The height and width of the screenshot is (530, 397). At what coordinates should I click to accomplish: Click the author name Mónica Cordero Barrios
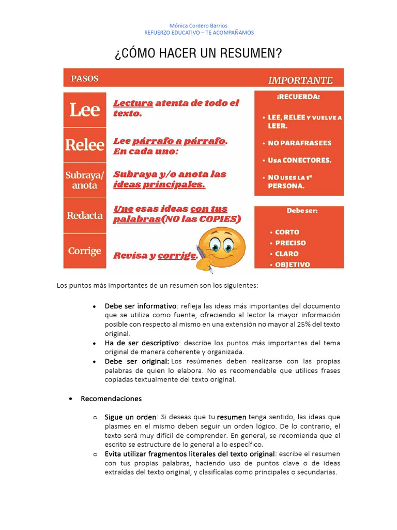pos(198,25)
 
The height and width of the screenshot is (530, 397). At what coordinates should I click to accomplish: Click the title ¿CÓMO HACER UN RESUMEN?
pos(198,54)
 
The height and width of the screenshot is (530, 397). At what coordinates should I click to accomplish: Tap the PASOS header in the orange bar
pos(85,79)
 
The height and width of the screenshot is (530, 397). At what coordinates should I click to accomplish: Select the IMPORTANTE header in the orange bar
pos(300,80)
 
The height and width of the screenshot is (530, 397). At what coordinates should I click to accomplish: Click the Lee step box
pos(85,110)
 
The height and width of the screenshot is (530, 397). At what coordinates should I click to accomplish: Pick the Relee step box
pos(85,145)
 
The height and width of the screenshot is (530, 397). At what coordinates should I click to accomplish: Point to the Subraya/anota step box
pos(85,180)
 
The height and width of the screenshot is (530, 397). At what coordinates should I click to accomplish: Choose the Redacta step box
pos(85,215)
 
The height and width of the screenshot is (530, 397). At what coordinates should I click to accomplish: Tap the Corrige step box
pos(85,251)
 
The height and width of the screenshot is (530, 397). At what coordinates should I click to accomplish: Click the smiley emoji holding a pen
pos(221,248)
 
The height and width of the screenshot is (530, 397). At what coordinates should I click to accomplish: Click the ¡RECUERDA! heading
pos(298,97)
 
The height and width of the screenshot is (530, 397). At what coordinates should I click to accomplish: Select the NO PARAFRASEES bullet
pos(299,143)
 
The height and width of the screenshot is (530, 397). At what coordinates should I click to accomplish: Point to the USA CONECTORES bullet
pos(299,160)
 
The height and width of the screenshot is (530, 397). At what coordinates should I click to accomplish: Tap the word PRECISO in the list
pos(290,243)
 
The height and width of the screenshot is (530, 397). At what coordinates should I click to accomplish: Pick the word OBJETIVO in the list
pos(292,264)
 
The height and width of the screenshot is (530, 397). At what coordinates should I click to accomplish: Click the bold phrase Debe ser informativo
pos(140,306)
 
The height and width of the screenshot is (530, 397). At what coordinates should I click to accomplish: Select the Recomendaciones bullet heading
pos(111,399)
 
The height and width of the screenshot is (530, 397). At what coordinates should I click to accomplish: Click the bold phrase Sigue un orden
pos(130,417)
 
